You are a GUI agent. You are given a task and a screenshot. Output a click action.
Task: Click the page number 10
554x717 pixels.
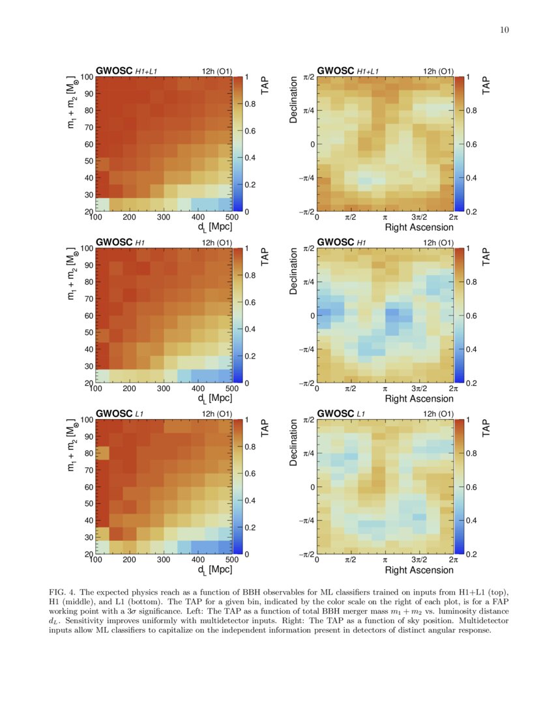click(x=504, y=29)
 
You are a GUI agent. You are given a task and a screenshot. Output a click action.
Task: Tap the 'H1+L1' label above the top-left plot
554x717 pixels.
click(x=147, y=71)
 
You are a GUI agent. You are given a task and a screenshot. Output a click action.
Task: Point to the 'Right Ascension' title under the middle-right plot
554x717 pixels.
click(x=419, y=398)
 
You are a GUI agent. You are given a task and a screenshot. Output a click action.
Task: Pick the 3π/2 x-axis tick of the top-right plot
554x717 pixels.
click(x=419, y=218)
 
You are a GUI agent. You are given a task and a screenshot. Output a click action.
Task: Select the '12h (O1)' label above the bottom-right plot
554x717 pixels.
click(x=439, y=413)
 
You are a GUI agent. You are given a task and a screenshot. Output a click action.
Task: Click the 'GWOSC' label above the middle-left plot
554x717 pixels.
click(x=113, y=242)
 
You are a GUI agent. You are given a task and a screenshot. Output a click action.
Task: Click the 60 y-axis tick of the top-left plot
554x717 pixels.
click(x=87, y=144)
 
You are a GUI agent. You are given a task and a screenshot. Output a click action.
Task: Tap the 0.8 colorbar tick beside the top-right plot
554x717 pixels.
click(x=471, y=111)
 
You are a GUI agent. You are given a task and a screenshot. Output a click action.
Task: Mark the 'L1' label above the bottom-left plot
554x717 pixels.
click(x=140, y=413)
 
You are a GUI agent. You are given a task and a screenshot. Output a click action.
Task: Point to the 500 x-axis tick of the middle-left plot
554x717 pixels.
click(x=231, y=389)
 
